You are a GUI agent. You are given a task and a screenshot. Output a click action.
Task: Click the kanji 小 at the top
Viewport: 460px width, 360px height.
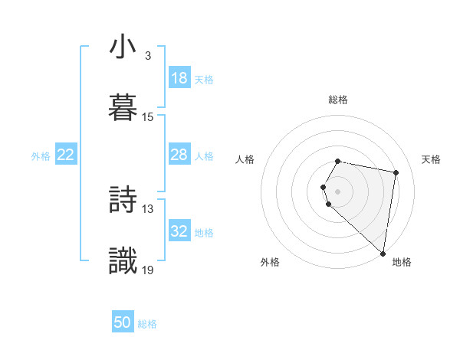[x=123, y=47]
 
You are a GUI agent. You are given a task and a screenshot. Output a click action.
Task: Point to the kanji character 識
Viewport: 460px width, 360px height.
[x=123, y=259]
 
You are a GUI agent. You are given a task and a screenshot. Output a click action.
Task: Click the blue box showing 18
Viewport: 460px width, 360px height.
[x=179, y=78]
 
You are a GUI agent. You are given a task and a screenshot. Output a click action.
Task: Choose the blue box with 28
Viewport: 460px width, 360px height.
[x=179, y=155]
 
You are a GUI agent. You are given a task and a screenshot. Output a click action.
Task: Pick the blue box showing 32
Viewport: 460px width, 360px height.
[x=179, y=231]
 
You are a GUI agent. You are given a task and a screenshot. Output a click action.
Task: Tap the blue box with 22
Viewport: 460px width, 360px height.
[x=66, y=155]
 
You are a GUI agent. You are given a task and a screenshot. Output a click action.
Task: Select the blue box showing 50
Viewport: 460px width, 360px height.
[x=123, y=322]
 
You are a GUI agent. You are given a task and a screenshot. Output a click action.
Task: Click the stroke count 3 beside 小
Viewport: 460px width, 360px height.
[x=147, y=56]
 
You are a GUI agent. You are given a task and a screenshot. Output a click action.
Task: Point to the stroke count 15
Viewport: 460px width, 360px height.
[x=148, y=116]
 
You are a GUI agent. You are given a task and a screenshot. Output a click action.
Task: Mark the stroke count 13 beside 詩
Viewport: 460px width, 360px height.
[x=148, y=208]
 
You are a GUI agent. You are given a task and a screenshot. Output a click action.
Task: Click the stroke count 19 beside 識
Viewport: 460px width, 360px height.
[x=148, y=269]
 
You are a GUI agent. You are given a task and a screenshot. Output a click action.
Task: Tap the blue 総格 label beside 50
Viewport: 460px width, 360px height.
[x=147, y=324]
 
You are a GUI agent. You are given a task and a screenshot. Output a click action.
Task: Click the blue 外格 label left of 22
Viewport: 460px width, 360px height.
[x=41, y=155]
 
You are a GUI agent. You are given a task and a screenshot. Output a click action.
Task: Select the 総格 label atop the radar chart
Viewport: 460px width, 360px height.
[x=338, y=100]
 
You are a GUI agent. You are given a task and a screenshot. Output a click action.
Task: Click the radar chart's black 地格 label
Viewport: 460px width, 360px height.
[x=402, y=262]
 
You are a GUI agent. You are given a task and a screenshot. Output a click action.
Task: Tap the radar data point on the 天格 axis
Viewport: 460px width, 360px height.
[x=396, y=172]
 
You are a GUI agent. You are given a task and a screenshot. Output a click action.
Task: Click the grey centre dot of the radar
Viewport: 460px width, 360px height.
[x=337, y=191]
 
